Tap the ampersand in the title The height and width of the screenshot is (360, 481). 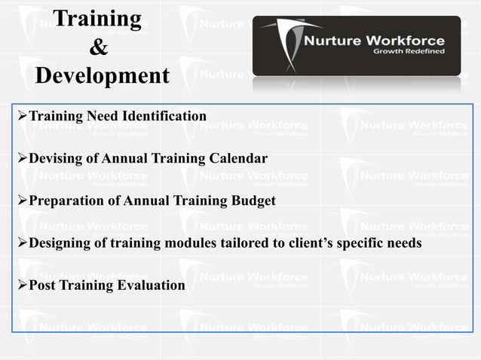(x=98, y=47)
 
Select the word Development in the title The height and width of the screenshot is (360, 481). (x=103, y=76)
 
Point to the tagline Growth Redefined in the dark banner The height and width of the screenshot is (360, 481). (x=409, y=52)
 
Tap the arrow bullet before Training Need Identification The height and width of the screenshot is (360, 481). (x=22, y=117)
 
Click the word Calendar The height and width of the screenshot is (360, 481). (x=237, y=159)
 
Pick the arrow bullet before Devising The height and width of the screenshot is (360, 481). (x=22, y=159)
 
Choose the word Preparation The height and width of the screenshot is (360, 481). (x=69, y=201)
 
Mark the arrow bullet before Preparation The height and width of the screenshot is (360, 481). (x=22, y=201)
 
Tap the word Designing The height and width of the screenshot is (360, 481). (x=63, y=244)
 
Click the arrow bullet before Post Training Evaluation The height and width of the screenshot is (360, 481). (x=22, y=286)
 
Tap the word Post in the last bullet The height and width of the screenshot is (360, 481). (x=43, y=286)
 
